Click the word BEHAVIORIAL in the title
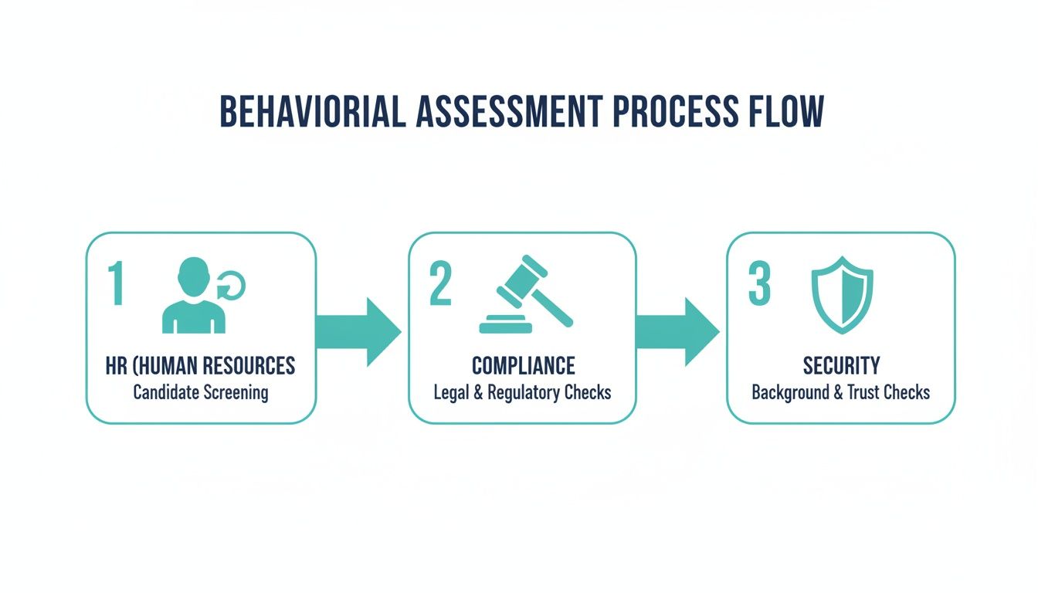[312, 112]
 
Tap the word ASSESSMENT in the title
[509, 112]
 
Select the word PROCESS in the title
[675, 112]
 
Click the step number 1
[116, 283]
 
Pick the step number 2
[440, 283]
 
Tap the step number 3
[759, 283]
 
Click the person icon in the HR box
[194, 295]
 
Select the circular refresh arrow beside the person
[231, 284]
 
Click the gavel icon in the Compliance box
[526, 294]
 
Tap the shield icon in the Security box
[842, 295]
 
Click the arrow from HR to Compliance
[358, 332]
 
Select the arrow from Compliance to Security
[677, 332]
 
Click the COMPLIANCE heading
[523, 366]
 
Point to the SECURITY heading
[841, 366]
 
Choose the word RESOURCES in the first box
[249, 366]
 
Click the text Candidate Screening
[201, 392]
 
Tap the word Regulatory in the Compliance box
[530, 393]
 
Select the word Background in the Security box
[790, 393]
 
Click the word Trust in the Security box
[863, 392]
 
